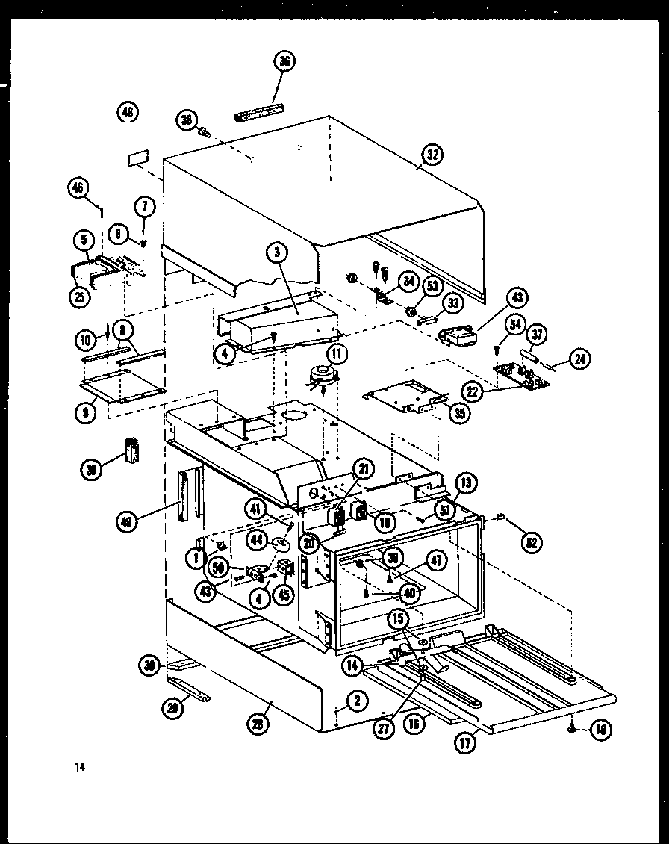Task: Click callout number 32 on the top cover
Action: (432, 155)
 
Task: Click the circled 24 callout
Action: (579, 359)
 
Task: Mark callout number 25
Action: (80, 297)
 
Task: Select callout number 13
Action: (465, 483)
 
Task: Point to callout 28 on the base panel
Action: (259, 722)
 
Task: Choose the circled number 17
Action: (467, 743)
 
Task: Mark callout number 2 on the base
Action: (357, 700)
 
